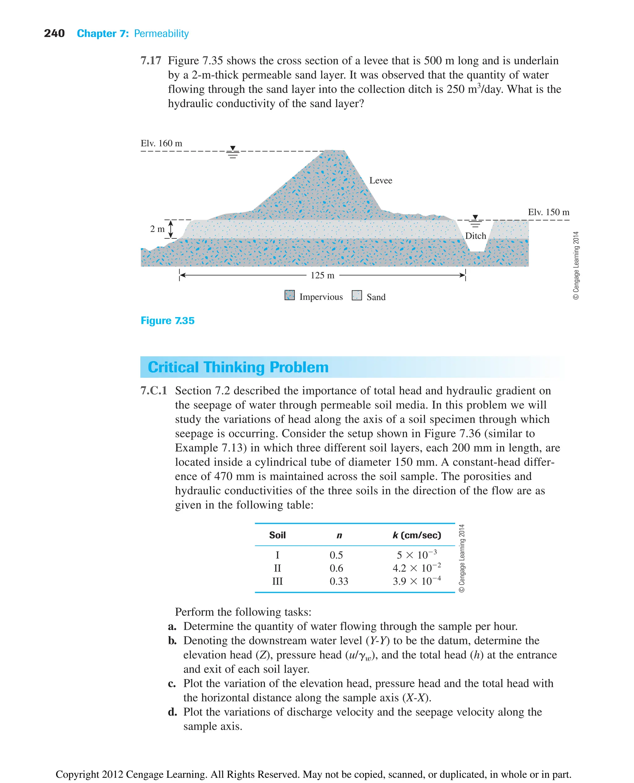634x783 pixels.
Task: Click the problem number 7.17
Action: (150, 61)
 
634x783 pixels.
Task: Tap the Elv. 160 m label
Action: (161, 143)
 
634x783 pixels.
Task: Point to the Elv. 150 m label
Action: (548, 212)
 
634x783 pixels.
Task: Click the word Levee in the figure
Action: (380, 181)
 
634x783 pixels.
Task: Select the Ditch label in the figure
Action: (475, 236)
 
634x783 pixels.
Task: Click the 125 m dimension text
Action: (322, 275)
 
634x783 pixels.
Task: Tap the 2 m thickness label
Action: (157, 229)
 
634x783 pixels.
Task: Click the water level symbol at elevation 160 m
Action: (232, 152)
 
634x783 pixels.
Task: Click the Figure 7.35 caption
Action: (167, 321)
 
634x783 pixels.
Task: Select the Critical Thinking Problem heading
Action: (238, 367)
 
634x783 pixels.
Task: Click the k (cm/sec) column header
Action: (417, 535)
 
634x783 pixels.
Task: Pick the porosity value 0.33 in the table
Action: (339, 581)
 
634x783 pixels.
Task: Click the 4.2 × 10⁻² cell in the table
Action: (416, 568)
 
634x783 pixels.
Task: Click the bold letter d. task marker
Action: (172, 712)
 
